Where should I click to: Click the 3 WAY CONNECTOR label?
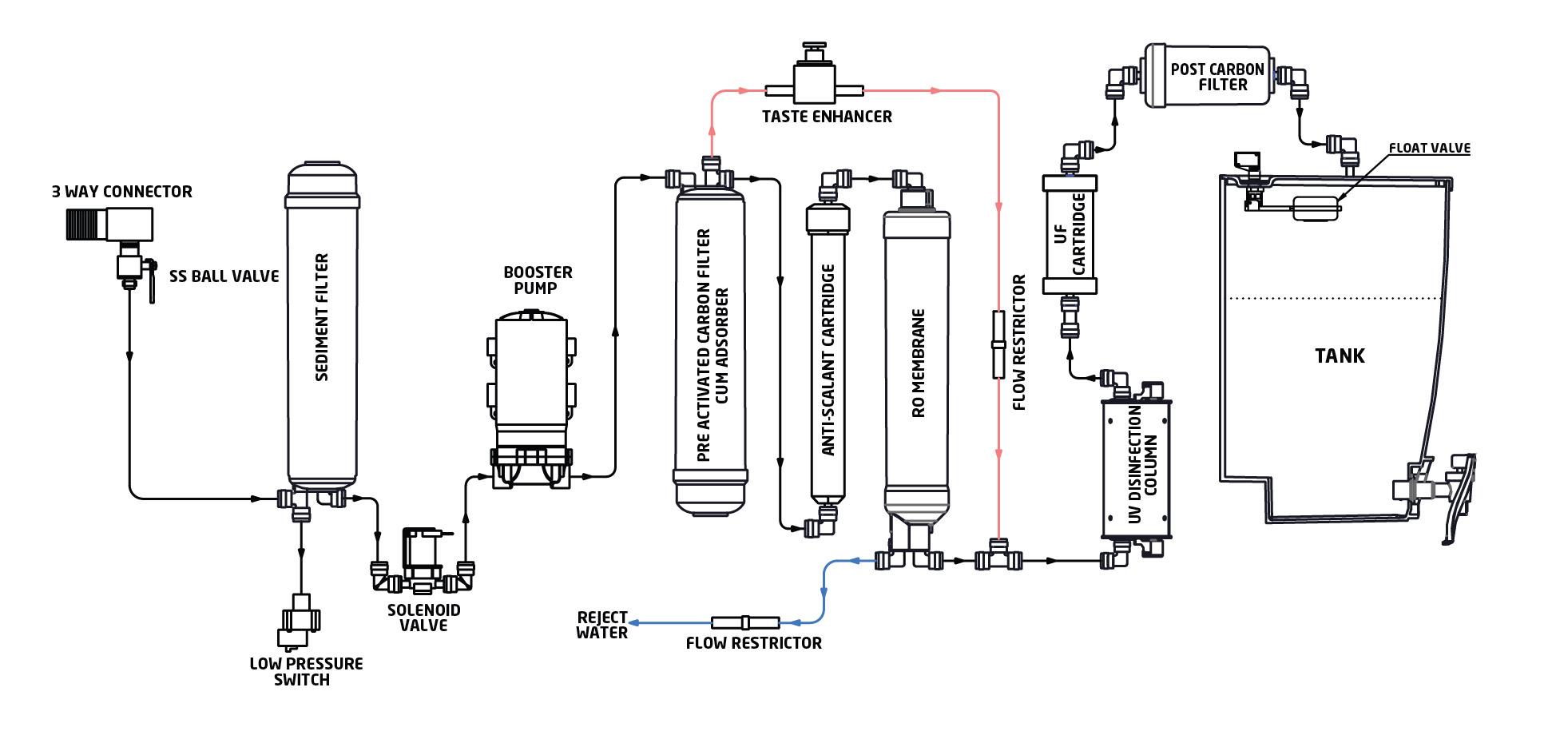pos(121,192)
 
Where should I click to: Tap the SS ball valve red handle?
pos(151,284)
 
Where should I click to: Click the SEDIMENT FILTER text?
pos(322,317)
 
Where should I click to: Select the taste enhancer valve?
pos(815,80)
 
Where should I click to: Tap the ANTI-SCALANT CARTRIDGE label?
pos(828,360)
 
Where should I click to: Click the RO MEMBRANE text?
pos(918,364)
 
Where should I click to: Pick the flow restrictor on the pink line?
pos(998,344)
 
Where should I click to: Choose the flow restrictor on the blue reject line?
pos(744,622)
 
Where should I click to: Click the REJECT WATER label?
pos(602,625)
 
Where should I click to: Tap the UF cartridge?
pos(1070,235)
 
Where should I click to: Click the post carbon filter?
pos(1207,76)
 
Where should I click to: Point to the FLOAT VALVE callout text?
pos(1429,148)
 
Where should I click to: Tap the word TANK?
pos(1340,356)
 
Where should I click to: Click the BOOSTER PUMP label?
pos(538,280)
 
